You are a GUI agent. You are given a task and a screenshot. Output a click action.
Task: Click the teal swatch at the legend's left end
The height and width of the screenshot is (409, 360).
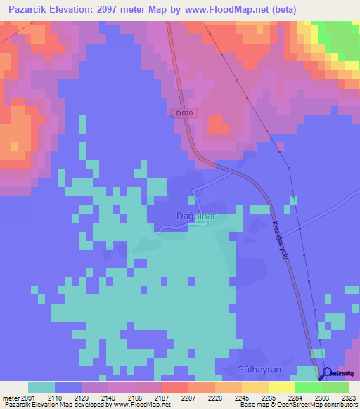point(41,387)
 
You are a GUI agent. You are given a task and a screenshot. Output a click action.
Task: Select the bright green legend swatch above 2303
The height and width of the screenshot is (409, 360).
point(308,387)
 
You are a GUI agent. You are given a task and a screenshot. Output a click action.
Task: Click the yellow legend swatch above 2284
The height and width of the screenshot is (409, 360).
point(281,387)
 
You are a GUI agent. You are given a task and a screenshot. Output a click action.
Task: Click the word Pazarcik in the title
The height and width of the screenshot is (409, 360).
point(30,9)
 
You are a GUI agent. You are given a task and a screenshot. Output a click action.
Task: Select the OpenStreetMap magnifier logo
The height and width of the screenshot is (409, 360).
point(326,374)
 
